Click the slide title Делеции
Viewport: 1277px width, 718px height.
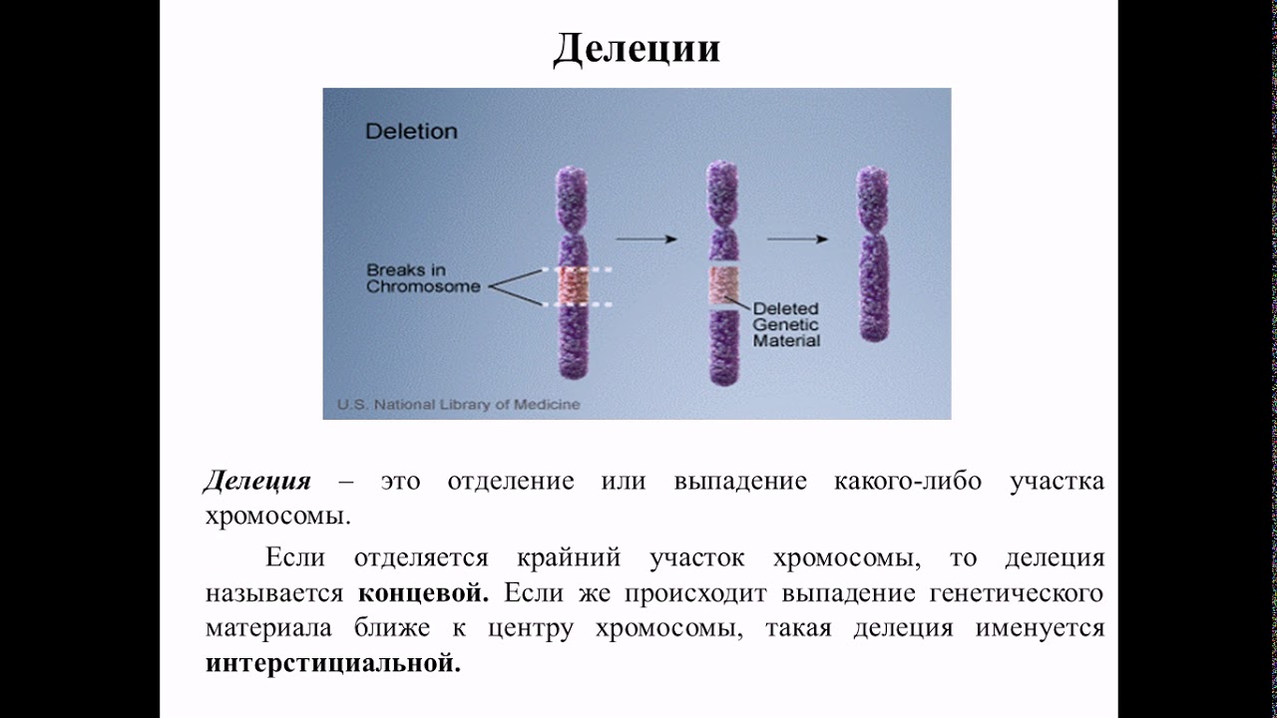coord(637,47)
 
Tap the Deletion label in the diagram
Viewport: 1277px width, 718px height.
coord(411,132)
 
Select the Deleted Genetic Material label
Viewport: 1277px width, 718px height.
coord(786,324)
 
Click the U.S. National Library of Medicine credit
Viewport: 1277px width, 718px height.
coord(458,405)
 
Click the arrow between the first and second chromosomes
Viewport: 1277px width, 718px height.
coord(646,239)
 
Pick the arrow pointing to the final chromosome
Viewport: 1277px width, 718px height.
coord(797,239)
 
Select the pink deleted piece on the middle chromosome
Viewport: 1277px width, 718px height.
coord(723,286)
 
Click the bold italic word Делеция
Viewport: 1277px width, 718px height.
coord(257,482)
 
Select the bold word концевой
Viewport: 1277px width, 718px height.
coord(423,593)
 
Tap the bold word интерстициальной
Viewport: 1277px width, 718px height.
coord(333,663)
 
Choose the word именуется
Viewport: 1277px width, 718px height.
coord(1052,628)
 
